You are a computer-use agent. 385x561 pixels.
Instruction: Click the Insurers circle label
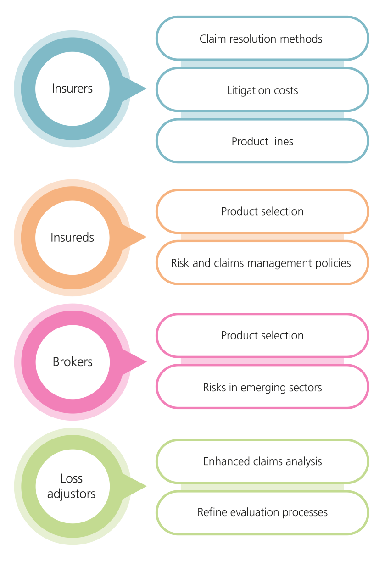click(72, 89)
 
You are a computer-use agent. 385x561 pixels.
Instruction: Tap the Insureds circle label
click(72, 238)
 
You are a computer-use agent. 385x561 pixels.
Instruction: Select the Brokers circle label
click(73, 362)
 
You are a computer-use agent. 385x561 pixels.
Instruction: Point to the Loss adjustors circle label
click(72, 486)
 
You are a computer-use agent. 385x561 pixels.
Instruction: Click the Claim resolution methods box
click(262, 39)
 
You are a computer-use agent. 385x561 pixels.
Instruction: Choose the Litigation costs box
click(262, 90)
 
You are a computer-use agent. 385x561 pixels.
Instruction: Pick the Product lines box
click(262, 141)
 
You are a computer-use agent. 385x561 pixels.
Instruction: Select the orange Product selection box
click(262, 211)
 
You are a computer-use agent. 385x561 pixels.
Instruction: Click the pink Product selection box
click(262, 335)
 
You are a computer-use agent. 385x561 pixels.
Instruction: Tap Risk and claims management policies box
click(262, 263)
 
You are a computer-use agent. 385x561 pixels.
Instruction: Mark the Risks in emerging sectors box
click(262, 387)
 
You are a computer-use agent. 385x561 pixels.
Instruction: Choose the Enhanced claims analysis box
click(262, 461)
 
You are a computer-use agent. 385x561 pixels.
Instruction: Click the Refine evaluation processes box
click(262, 512)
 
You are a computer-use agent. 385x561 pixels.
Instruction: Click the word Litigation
click(245, 91)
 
